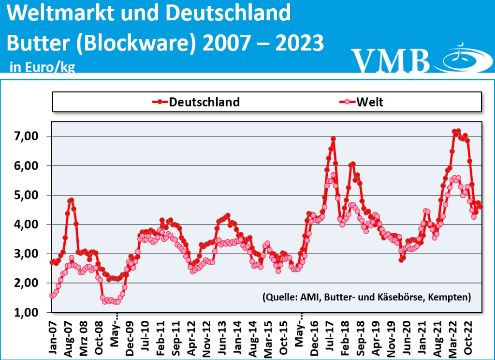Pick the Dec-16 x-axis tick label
(315, 333)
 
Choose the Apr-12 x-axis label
(192, 333)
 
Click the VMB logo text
(391, 60)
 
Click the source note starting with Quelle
(366, 297)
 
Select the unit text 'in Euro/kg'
(42, 67)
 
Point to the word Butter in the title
(36, 44)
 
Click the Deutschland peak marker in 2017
(333, 139)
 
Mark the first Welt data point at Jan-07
(52, 296)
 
